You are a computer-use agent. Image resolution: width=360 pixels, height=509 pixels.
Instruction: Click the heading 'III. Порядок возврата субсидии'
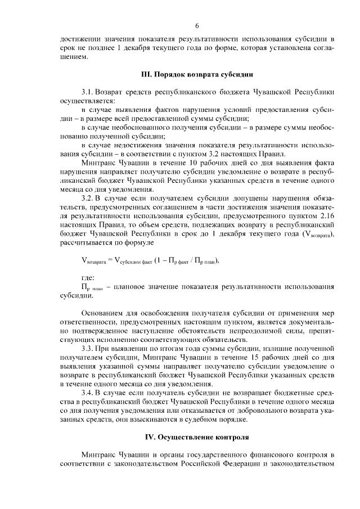tap(197, 74)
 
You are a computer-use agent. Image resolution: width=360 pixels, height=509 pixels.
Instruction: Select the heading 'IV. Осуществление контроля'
tap(197, 436)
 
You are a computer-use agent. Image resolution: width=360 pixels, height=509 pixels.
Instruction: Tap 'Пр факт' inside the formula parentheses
tap(173, 260)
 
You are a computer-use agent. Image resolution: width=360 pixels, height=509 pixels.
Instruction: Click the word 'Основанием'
tap(104, 313)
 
